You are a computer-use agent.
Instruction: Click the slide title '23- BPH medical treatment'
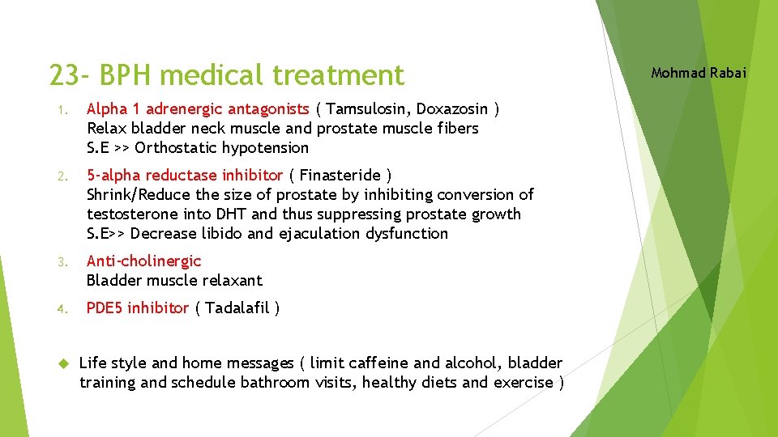tap(226, 75)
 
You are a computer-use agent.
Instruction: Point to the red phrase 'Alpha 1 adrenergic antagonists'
tap(198, 109)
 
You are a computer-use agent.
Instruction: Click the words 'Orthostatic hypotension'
tap(222, 148)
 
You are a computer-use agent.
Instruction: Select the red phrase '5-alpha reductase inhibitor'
tap(185, 176)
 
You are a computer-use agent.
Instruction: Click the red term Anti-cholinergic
tap(143, 261)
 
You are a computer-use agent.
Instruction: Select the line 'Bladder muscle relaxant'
tap(174, 281)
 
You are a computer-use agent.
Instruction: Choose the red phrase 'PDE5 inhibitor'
tap(138, 308)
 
